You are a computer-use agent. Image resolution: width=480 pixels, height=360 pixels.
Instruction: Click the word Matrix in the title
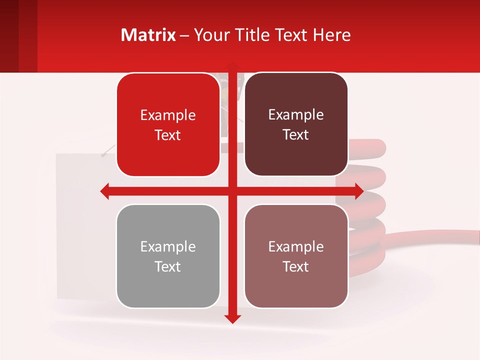coord(148,35)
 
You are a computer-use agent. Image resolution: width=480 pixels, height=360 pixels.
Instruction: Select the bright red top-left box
coord(168,125)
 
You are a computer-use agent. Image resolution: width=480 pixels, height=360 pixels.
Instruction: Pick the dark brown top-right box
coord(296,124)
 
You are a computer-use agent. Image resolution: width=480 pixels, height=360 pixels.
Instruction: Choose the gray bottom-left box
coord(168,256)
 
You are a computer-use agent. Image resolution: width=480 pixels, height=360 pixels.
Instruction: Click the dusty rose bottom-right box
coord(296,256)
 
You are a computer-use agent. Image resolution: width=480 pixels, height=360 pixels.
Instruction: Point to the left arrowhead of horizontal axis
coord(104,191)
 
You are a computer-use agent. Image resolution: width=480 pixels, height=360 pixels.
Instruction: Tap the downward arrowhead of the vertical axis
coord(232,318)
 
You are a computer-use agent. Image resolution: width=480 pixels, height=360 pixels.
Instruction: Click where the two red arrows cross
coord(232,191)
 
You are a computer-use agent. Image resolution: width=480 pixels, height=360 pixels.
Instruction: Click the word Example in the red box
coord(168,115)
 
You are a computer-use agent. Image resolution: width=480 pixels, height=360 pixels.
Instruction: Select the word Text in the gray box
coord(168,266)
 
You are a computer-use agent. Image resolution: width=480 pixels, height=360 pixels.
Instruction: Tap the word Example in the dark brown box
coord(296,115)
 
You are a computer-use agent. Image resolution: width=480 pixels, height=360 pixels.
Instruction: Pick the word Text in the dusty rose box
coord(296,266)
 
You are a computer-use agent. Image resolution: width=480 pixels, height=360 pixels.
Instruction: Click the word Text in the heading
coord(291,35)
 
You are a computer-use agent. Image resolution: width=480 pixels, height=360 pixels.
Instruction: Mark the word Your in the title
coord(210,35)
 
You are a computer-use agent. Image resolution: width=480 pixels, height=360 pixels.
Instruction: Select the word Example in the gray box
coord(168,246)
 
